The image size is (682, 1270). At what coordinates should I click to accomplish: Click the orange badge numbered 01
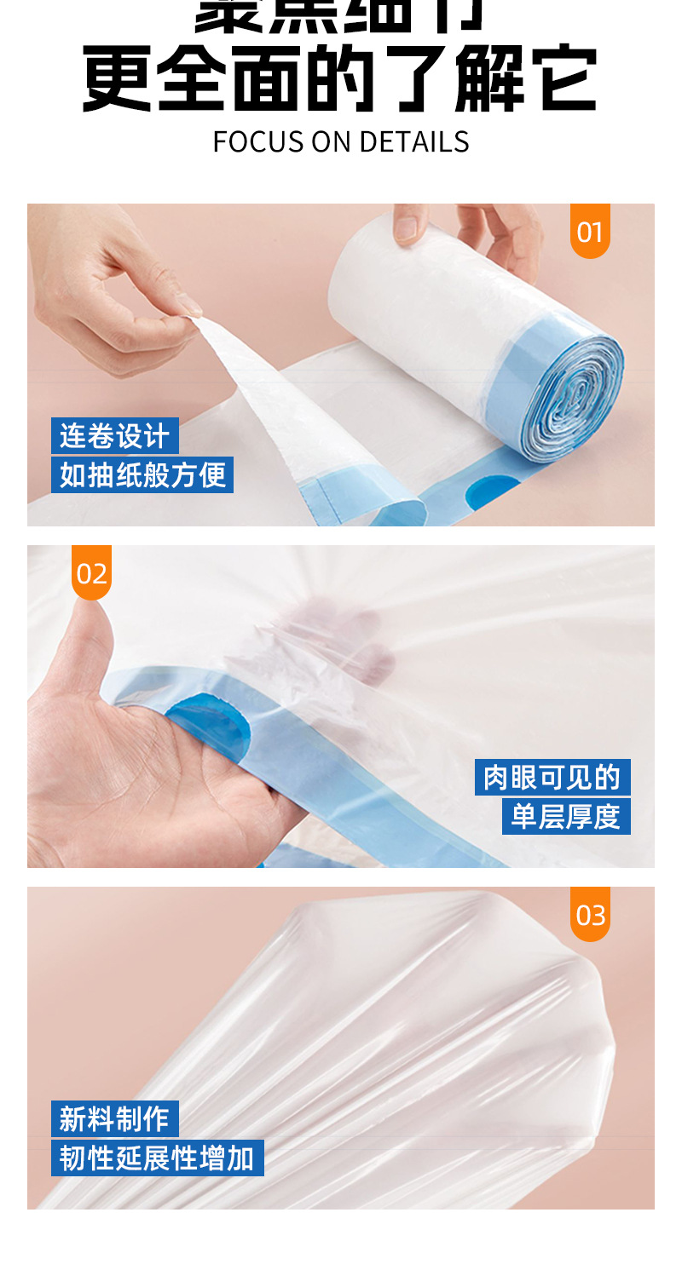(590, 231)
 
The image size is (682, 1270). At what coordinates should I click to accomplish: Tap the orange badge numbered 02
(91, 573)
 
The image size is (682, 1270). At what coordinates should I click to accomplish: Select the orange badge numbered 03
(590, 915)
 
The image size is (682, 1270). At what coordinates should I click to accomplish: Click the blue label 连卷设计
(114, 436)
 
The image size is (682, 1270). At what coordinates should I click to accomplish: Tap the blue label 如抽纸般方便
(142, 474)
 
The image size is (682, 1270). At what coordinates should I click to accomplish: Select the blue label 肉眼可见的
(552, 777)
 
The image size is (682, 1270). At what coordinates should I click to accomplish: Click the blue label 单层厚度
(565, 816)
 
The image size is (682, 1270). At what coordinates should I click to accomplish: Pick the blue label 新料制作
(114, 1118)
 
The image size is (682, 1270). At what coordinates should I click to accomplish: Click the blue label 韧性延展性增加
(157, 1158)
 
